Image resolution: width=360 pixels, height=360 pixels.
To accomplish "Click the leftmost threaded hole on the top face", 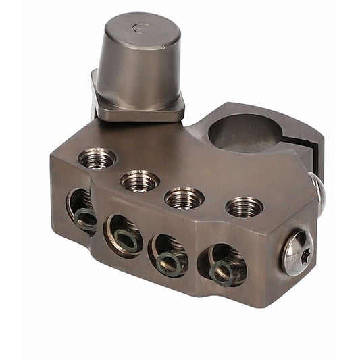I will coord(97,158).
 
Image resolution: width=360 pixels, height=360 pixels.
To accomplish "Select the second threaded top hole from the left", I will coord(140,180).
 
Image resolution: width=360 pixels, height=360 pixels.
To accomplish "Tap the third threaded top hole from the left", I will coord(184,197).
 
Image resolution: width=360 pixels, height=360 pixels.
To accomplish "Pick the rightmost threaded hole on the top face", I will coord(244,206).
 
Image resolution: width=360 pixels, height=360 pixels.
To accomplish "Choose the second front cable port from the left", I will coord(123,234).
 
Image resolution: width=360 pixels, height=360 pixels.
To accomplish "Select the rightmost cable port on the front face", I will coord(222,263).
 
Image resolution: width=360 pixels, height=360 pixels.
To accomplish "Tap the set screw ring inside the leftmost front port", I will coord(84,218).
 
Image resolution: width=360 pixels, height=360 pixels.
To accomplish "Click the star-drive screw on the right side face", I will coord(297,252).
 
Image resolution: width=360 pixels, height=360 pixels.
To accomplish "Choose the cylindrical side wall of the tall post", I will coord(138,68).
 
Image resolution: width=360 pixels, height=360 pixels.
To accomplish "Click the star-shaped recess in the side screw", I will coord(298,253).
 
